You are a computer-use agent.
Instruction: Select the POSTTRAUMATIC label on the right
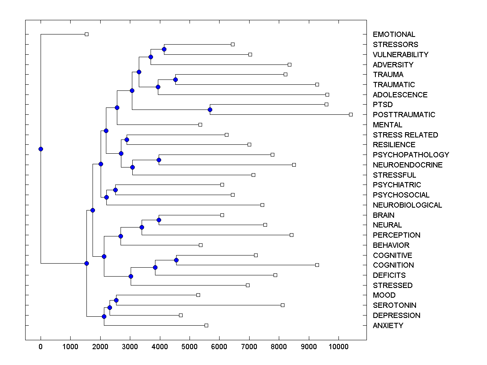404,115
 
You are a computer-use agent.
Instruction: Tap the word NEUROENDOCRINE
407,165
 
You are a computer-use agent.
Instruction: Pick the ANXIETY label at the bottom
388,326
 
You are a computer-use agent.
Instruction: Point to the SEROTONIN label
394,305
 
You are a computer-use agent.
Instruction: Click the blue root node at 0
41,149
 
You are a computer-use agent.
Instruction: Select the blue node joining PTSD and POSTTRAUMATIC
210,109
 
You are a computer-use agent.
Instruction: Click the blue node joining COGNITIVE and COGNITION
176,260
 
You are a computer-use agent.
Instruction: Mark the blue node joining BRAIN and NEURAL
159,220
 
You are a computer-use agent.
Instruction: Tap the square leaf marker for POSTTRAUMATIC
351,115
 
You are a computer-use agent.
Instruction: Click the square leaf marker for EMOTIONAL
86,34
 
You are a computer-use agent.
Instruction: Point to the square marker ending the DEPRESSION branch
181,315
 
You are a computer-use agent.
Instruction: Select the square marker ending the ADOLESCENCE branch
327,94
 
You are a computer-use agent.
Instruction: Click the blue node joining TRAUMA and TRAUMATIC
175,79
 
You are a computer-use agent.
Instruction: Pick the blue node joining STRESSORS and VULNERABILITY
164,49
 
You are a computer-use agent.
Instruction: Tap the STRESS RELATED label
405,135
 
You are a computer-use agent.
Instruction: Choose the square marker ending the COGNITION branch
317,265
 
